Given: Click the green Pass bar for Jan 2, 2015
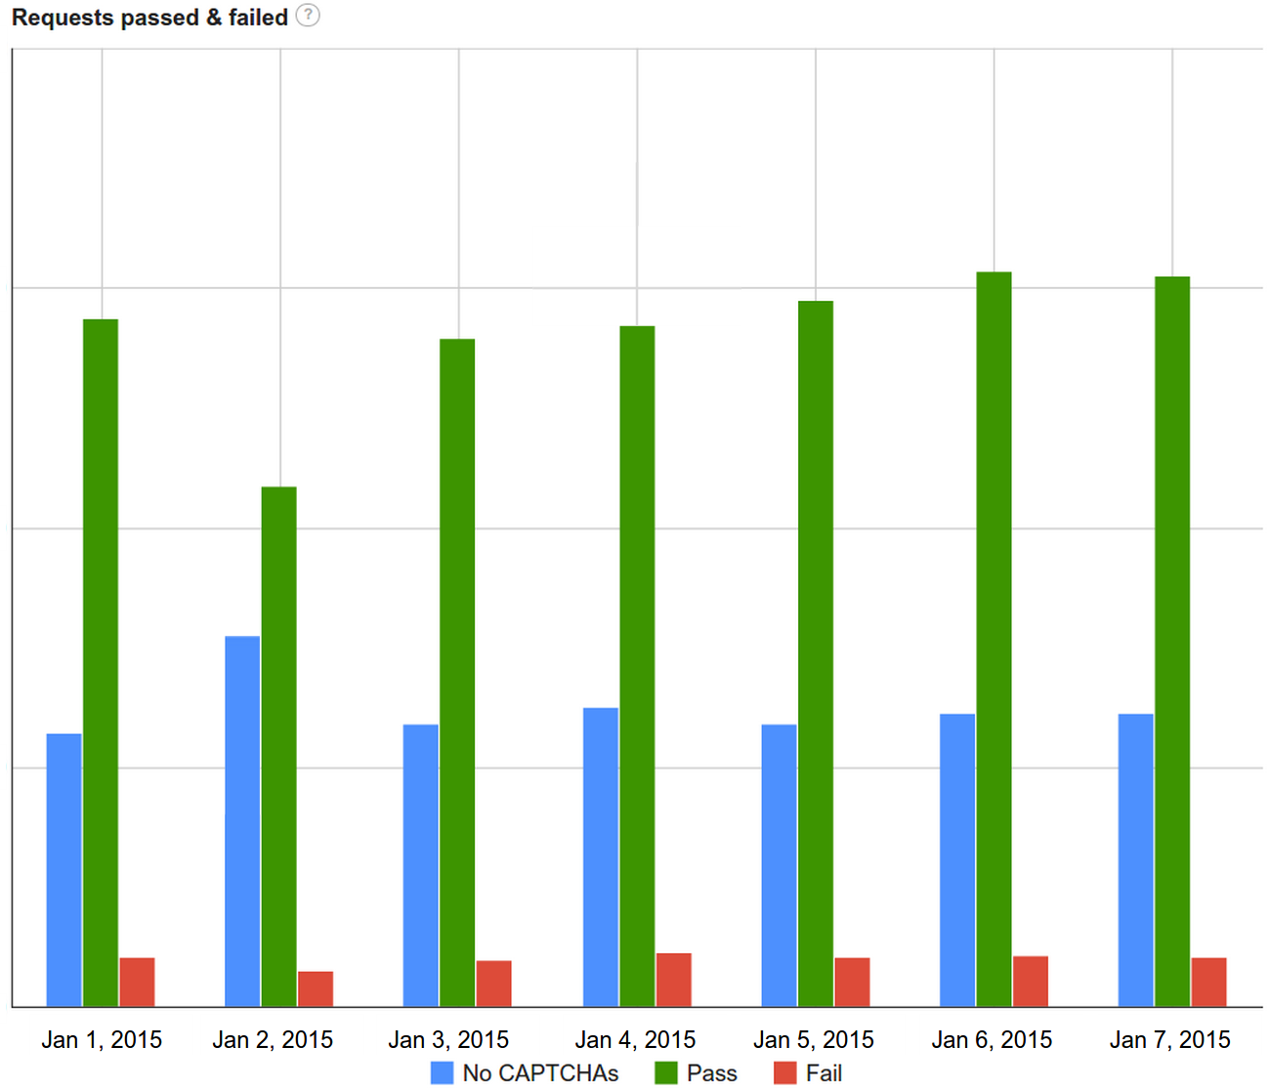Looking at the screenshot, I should click(278, 746).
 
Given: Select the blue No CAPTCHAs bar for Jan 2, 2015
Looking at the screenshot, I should click(242, 820).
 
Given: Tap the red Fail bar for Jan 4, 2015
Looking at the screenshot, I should click(673, 980).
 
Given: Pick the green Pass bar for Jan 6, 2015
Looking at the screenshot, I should click(994, 639).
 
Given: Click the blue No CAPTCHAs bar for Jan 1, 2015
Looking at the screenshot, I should click(64, 869).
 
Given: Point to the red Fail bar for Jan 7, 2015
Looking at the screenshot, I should click(1208, 982).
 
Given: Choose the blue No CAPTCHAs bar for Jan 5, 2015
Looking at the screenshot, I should click(779, 864).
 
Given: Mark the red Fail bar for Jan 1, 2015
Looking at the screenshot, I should click(137, 982).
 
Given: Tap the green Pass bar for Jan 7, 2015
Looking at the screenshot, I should click(1172, 641).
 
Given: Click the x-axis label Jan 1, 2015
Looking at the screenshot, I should click(102, 1039).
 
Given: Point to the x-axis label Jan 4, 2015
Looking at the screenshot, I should click(635, 1039).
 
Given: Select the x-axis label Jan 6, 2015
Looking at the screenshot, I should click(992, 1039).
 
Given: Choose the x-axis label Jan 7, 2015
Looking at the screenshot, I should click(1169, 1039).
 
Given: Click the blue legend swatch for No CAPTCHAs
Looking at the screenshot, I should click(442, 1072).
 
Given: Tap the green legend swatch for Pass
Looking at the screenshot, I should click(665, 1072).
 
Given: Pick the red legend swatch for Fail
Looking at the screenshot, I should click(784, 1072).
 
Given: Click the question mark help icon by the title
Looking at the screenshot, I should click(308, 16).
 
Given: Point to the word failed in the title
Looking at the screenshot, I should click(258, 18).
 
